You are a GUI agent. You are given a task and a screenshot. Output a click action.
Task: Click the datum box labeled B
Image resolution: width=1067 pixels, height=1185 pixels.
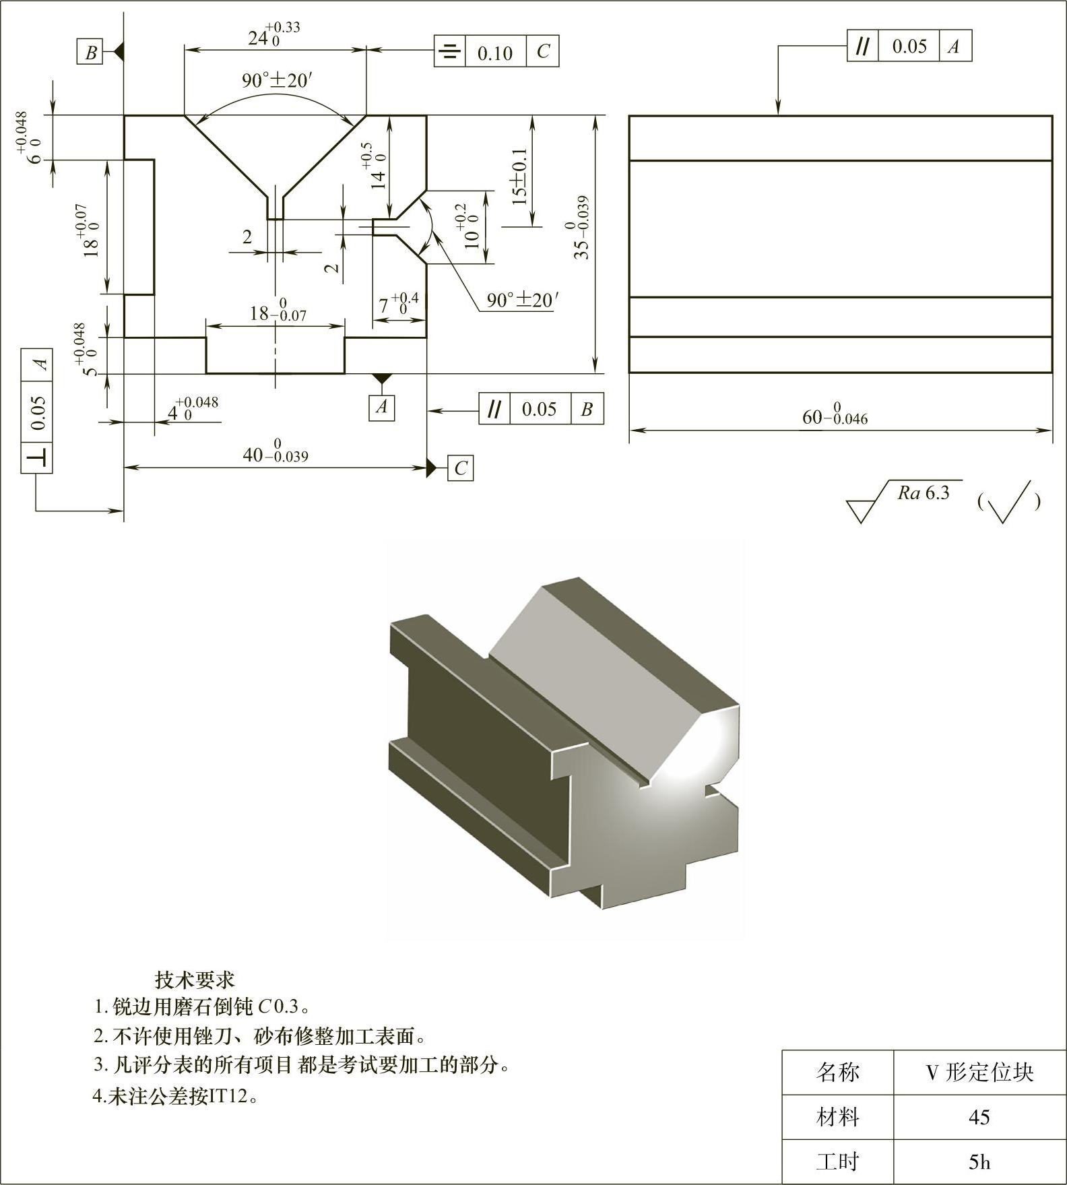pos(91,53)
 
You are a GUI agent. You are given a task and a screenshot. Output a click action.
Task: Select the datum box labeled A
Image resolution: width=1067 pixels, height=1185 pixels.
pos(382,407)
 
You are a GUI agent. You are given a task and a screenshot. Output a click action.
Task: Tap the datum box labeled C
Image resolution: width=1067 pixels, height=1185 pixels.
pos(461,468)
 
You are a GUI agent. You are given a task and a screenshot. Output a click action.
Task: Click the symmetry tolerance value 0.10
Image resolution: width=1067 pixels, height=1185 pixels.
pos(495,53)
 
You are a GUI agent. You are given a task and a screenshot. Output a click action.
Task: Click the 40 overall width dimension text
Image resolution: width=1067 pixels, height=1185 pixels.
pos(275,453)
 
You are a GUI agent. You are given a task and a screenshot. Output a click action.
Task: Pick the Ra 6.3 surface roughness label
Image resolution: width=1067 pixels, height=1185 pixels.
pos(924,492)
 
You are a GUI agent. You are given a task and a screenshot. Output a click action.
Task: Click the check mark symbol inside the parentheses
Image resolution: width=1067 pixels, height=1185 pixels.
pos(1008,501)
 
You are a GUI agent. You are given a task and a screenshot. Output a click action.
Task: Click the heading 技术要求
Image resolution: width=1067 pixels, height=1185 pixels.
pos(195,978)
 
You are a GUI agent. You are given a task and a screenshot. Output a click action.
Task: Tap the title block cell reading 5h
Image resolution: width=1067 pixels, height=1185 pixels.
pos(979,1161)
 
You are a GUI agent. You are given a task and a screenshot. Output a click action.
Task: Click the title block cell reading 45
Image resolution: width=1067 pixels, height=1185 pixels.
pos(979,1117)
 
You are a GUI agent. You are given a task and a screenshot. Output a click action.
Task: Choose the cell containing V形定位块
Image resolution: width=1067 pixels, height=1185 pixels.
pos(979,1072)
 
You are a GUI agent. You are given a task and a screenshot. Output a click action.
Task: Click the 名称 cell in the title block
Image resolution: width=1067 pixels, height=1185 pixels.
pos(838,1072)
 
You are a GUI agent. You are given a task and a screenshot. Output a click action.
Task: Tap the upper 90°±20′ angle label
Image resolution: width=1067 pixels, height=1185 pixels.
pos(277,81)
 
